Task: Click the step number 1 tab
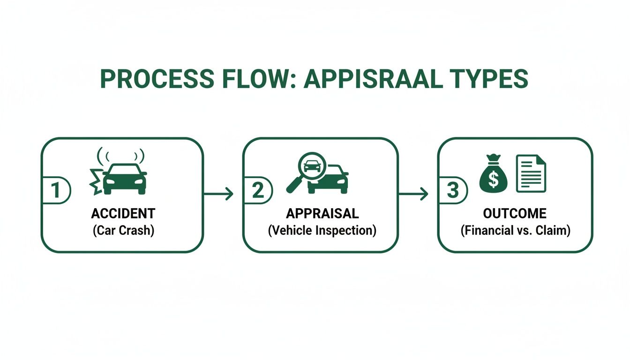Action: pyautogui.click(x=55, y=191)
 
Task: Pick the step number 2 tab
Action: pyautogui.click(x=258, y=191)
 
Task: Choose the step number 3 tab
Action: pyautogui.click(x=453, y=191)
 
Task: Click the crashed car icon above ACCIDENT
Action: pyautogui.click(x=124, y=178)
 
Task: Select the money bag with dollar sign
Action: pyautogui.click(x=493, y=176)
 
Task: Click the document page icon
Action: pyautogui.click(x=531, y=174)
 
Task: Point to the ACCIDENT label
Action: pyautogui.click(x=123, y=214)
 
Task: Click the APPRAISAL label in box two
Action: pyautogui.click(x=322, y=214)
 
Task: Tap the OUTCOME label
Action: pyautogui.click(x=515, y=214)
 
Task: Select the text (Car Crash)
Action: pyautogui.click(x=123, y=231)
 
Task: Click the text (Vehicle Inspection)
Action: pyautogui.click(x=322, y=231)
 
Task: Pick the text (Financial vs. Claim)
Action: pyautogui.click(x=515, y=231)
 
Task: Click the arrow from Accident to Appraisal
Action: pyautogui.click(x=219, y=193)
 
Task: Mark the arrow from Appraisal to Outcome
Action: pyautogui.click(x=413, y=193)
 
